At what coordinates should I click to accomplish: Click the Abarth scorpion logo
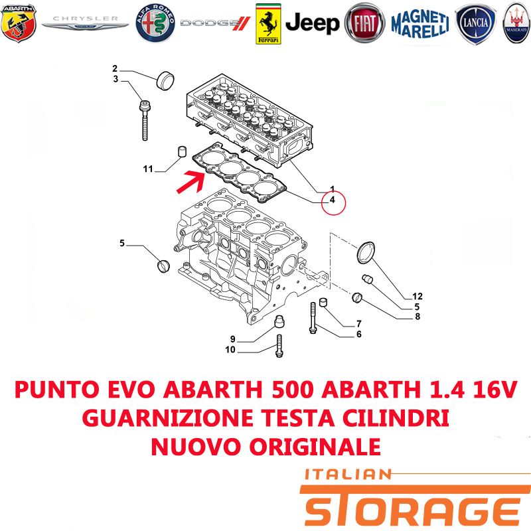(x=19, y=23)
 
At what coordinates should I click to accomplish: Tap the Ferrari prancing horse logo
(x=268, y=24)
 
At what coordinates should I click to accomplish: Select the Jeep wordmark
(x=312, y=23)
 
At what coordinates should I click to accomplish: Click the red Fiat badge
(x=364, y=23)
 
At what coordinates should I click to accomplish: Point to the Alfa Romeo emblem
(x=155, y=23)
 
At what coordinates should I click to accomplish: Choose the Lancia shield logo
(x=475, y=24)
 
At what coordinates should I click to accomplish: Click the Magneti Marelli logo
(x=420, y=24)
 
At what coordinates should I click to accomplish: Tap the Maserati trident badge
(x=517, y=23)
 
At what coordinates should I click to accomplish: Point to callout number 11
(x=148, y=169)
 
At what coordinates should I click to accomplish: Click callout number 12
(x=417, y=296)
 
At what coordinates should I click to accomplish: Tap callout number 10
(x=230, y=350)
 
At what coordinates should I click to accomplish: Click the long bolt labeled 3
(x=145, y=120)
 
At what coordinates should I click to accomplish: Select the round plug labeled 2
(x=165, y=80)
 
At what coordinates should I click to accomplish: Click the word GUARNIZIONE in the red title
(x=168, y=418)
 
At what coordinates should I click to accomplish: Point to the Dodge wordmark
(x=215, y=23)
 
